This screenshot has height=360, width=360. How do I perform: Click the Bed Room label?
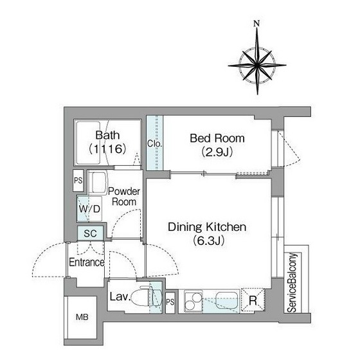pyautogui.click(x=217, y=138)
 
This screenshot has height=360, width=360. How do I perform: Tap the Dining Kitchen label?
pyautogui.click(x=207, y=227)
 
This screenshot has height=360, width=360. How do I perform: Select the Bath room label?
pyautogui.click(x=107, y=135)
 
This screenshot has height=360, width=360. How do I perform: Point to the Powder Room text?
pyautogui.click(x=124, y=197)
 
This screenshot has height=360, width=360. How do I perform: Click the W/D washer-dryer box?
pyautogui.click(x=89, y=209)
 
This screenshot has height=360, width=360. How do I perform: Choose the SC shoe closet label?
pyautogui.click(x=90, y=233)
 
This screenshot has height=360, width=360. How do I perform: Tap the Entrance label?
pyautogui.click(x=87, y=262)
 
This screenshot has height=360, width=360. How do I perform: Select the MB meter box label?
pyautogui.click(x=82, y=318)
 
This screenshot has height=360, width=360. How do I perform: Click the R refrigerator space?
pyautogui.click(x=253, y=300)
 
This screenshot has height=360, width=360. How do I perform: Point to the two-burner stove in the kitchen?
pyautogui.click(x=194, y=301)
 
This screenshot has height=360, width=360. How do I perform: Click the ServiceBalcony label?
pyautogui.click(x=292, y=283)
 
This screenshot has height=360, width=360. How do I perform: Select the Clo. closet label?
pyautogui.click(x=154, y=144)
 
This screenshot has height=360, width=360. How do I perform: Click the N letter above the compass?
pyautogui.click(x=256, y=23)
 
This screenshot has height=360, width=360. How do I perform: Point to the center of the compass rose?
pyautogui.click(x=257, y=65)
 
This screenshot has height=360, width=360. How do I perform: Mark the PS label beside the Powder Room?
pyautogui.click(x=78, y=181)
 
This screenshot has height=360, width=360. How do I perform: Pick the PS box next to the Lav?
pyautogui.click(x=170, y=302)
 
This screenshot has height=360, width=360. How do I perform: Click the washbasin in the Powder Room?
pyautogui.click(x=98, y=183)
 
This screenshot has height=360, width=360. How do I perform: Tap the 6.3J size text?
pyautogui.click(x=208, y=240)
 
